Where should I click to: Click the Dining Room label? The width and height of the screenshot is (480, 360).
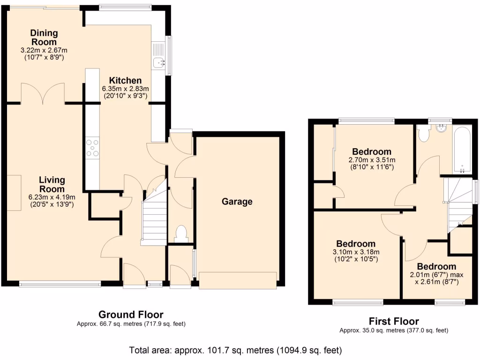click(44, 37)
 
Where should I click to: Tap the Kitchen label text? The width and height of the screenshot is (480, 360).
click(125, 81)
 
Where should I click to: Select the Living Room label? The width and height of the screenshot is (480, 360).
click(52, 185)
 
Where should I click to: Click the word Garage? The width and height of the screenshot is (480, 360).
click(237, 202)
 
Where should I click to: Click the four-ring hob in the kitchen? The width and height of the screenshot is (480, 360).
click(92, 148)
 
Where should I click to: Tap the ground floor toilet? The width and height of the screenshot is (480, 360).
click(180, 232)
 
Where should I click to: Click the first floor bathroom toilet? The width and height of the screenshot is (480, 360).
click(424, 133)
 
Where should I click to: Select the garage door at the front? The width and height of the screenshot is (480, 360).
click(238, 280)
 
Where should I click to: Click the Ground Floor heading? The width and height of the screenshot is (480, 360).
click(131, 315)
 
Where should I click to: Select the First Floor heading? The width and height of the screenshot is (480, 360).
click(394, 321)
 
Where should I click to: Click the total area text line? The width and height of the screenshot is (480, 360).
click(235, 350)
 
